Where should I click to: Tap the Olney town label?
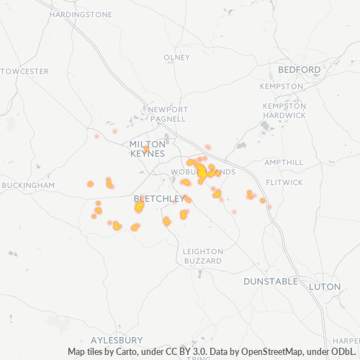click(176, 58)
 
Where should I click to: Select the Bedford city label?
click(299, 70)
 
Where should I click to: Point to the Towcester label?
click(25, 71)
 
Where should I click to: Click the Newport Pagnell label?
click(168, 114)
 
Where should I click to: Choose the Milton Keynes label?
click(147, 149)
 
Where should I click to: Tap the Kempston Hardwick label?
click(284, 110)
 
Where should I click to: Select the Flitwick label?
click(284, 182)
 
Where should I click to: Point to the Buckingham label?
click(28, 185)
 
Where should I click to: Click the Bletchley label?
click(159, 198)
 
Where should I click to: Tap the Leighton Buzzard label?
click(202, 256)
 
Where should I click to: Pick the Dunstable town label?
click(270, 280)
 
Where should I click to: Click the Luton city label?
click(324, 287)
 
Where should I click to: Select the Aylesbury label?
click(117, 339)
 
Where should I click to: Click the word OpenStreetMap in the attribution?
click(258, 351)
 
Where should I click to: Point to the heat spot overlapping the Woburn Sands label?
click(202, 172)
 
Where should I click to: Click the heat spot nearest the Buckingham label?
click(90, 184)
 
